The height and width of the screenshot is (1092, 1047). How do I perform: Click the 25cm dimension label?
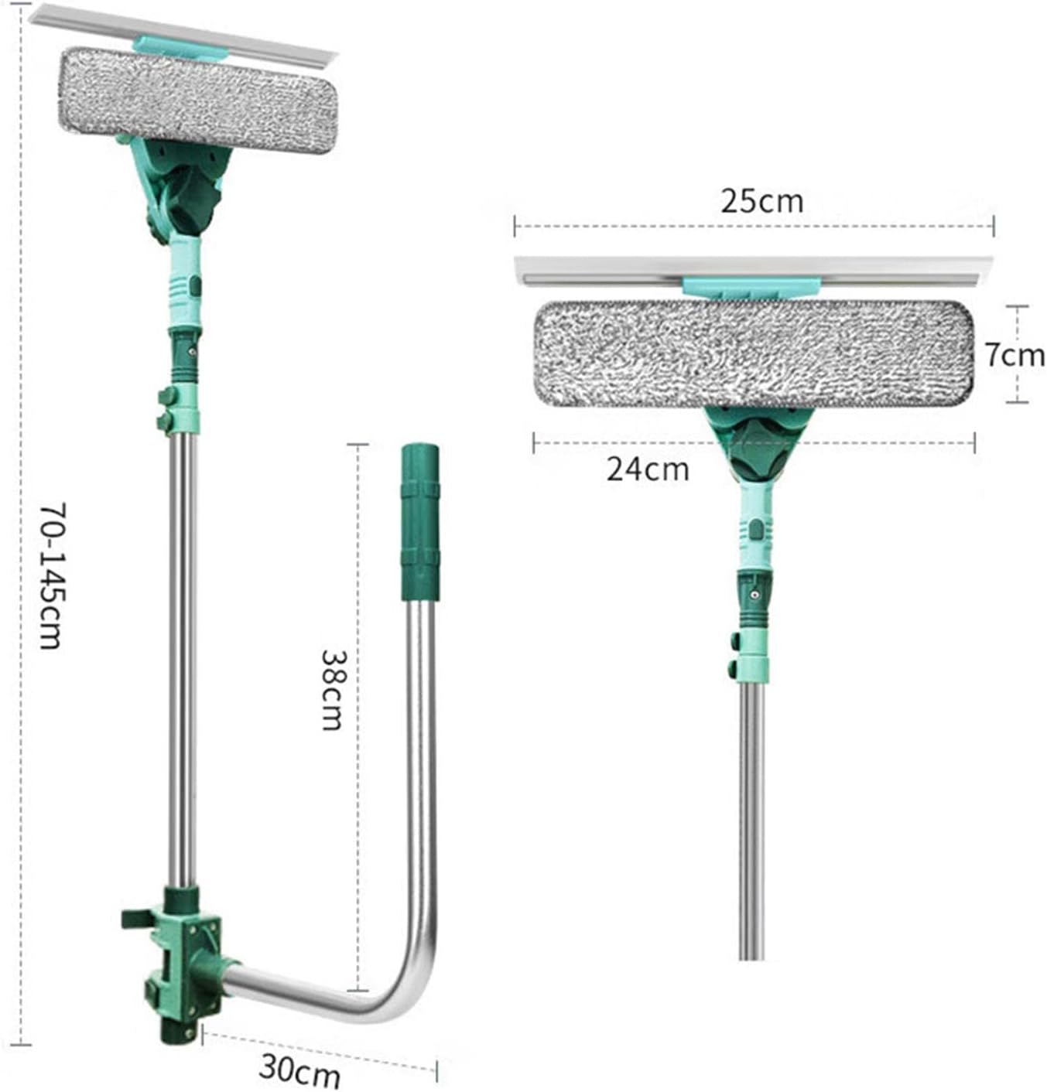point(761,202)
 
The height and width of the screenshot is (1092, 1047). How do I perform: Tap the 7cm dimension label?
point(1014,355)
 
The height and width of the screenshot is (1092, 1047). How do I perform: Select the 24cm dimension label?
point(647,469)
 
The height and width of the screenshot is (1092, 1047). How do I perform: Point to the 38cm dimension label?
point(332,690)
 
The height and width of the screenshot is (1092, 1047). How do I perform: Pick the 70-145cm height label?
point(53,575)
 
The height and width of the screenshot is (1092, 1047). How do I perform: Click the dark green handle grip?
point(419,523)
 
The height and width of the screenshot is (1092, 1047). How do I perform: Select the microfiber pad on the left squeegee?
point(197,101)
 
